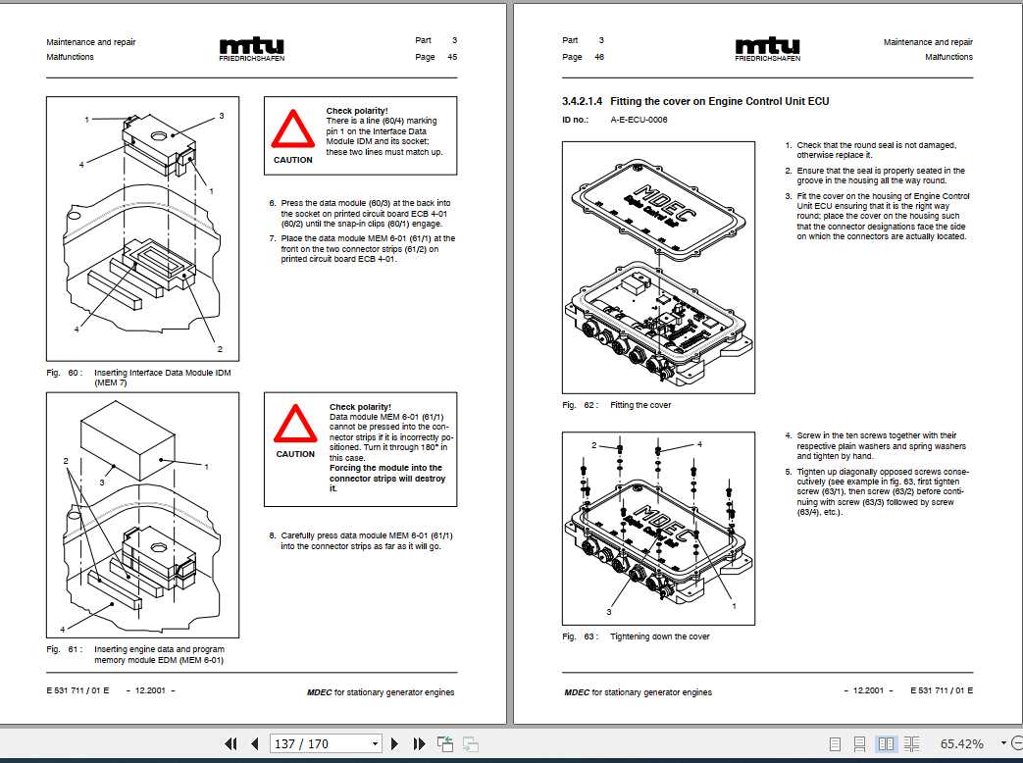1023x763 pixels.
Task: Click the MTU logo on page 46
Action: tap(767, 47)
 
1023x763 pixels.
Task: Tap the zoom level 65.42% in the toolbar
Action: tap(961, 743)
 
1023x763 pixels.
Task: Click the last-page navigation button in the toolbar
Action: tap(419, 743)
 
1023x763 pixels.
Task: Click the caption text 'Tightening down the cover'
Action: tap(659, 636)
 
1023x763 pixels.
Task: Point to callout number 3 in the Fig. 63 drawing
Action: tap(609, 612)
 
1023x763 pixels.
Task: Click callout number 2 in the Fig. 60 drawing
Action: tap(220, 349)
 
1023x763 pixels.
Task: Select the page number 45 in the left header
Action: tap(452, 57)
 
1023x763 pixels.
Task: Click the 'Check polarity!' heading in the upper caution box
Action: tap(357, 111)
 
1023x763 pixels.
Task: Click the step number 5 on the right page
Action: tap(788, 471)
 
